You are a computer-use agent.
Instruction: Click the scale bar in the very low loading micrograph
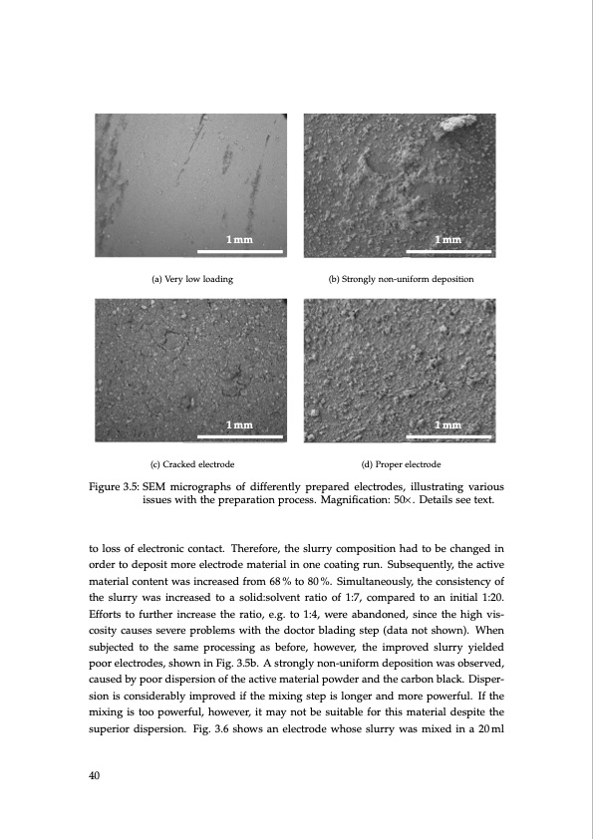click(x=240, y=251)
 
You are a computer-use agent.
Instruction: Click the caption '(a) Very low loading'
click(x=191, y=279)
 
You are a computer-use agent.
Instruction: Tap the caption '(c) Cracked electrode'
click(x=191, y=464)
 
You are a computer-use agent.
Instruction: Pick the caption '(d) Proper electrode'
click(x=400, y=464)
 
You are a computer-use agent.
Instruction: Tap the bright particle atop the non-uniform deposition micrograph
click(x=458, y=125)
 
